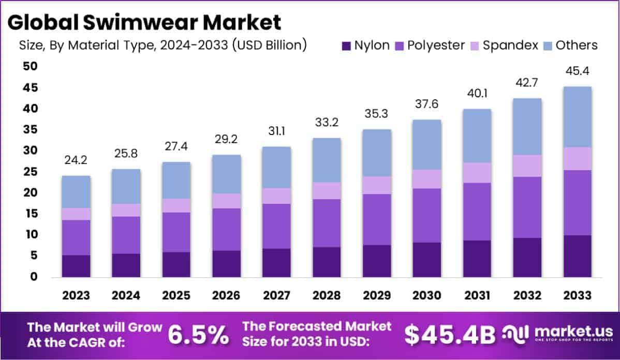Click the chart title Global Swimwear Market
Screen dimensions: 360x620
[145, 23]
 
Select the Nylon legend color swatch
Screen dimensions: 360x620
[346, 46]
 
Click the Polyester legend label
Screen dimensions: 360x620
[436, 45]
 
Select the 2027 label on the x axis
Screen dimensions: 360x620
[277, 295]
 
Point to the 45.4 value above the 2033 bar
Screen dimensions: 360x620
[578, 71]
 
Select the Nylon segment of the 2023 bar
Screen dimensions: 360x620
[76, 266]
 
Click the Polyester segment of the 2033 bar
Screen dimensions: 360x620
[578, 203]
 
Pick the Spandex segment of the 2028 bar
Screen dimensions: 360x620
[327, 190]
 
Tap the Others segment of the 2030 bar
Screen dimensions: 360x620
[427, 145]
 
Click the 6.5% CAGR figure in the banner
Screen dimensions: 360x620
[199, 335]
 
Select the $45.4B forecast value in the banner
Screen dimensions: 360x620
[449, 335]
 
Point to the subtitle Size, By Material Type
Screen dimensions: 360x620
[163, 45]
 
